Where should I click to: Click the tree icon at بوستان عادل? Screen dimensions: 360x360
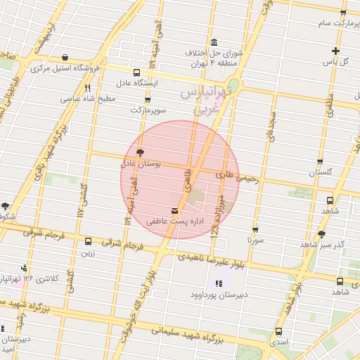[x=140, y=152]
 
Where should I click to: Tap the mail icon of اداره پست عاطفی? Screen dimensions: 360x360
[x=174, y=210]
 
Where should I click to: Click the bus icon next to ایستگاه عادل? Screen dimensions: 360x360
[x=136, y=72]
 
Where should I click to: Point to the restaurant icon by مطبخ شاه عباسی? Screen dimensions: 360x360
[x=88, y=89]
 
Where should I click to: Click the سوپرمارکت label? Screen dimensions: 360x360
[x=148, y=110]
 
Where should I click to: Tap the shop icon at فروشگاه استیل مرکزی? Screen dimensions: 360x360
[x=65, y=58]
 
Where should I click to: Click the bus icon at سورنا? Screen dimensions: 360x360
[x=255, y=229]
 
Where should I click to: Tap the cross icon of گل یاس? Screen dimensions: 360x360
[x=336, y=51]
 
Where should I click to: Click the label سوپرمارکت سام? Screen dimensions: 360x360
[x=323, y=24]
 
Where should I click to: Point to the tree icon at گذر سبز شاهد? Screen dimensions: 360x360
[x=321, y=233]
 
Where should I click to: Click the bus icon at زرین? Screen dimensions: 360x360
[x=88, y=242]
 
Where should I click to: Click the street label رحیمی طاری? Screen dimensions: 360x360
[x=238, y=176]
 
